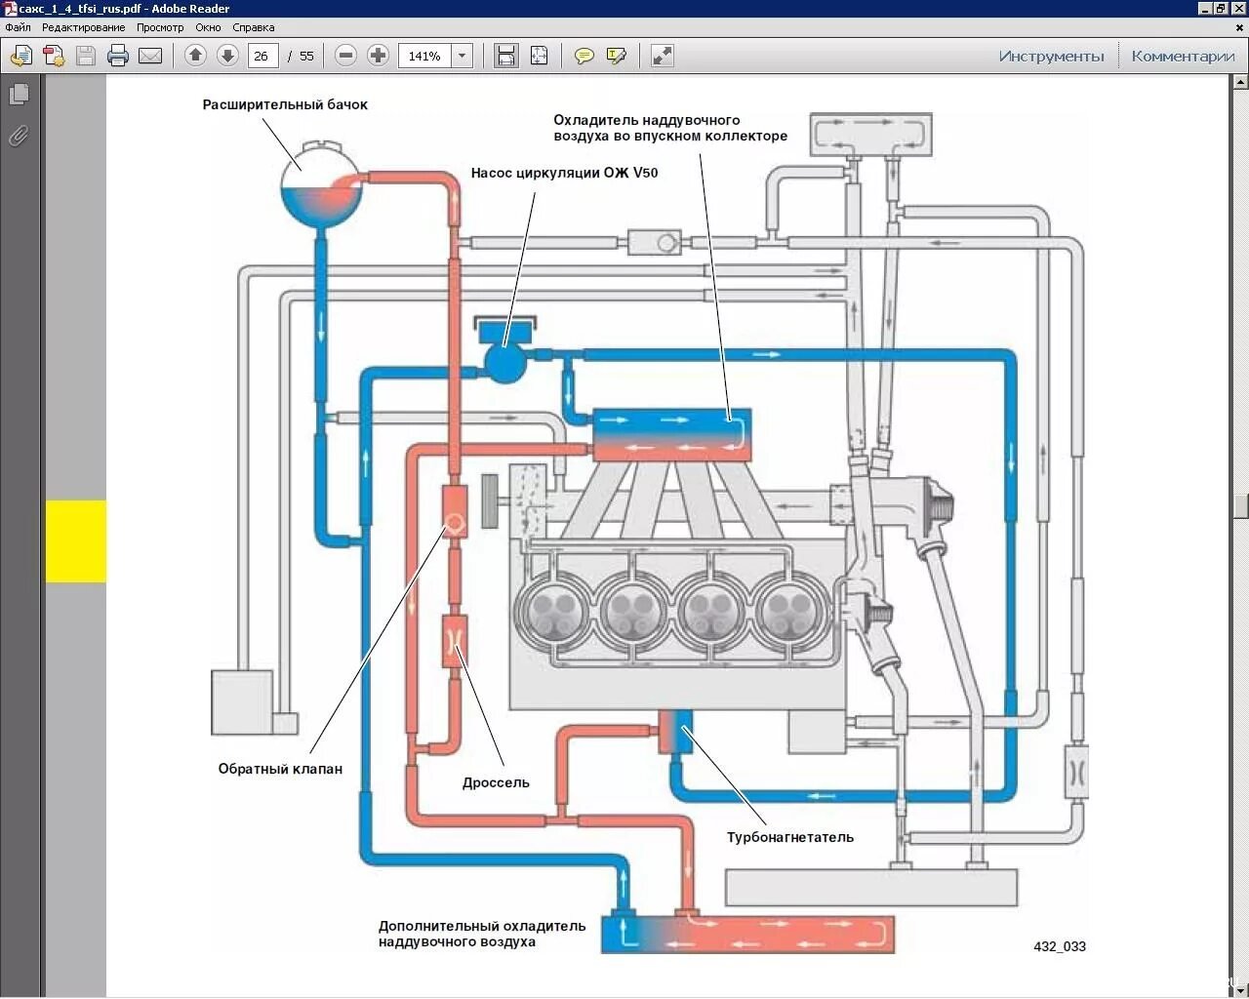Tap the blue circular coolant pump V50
point(504,362)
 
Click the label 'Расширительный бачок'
point(285,104)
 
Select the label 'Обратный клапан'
point(280,769)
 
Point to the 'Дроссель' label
point(496,782)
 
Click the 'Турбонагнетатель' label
point(789,837)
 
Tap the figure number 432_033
point(1059,946)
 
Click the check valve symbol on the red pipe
point(455,523)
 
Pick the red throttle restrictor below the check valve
point(455,641)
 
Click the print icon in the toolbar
point(118,56)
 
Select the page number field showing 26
point(262,56)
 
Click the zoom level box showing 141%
point(425,56)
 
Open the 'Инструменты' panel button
point(1051,56)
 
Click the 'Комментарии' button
point(1183,56)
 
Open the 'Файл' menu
point(18,27)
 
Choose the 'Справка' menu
point(254,27)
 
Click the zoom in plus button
point(378,56)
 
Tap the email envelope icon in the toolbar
point(150,56)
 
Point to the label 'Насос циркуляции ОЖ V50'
point(564,173)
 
